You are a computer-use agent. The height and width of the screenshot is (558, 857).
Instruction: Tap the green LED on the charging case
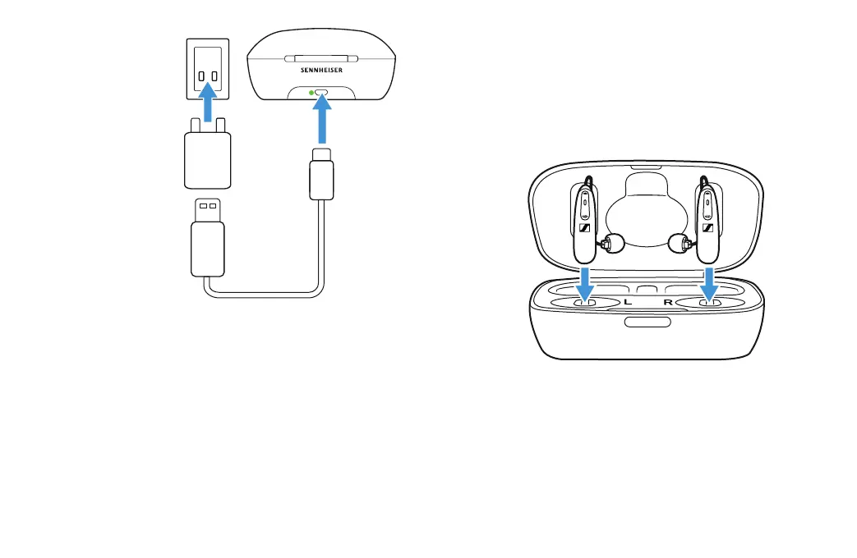[x=311, y=93]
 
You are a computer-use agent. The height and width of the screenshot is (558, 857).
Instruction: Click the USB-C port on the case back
[x=322, y=93]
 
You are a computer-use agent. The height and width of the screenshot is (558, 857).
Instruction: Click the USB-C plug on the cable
[x=321, y=176]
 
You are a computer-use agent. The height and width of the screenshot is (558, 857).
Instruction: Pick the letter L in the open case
[x=628, y=303]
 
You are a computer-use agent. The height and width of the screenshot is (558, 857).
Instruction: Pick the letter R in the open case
[x=668, y=303]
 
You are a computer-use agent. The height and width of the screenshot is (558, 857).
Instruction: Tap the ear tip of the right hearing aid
[x=678, y=243]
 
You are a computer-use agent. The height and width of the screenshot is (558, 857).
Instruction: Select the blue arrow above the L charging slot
[x=584, y=285]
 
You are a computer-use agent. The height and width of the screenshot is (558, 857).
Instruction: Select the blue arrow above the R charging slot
[x=708, y=285]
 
